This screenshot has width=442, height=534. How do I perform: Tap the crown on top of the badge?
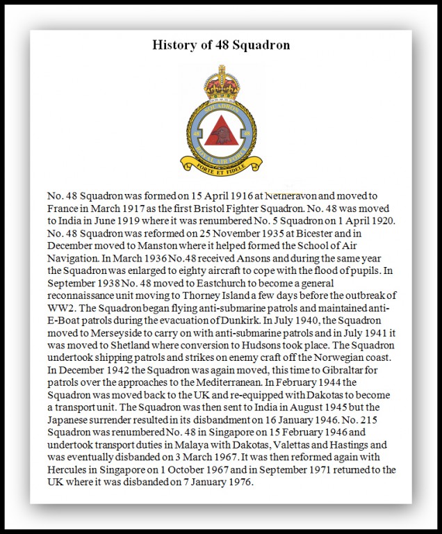tap(222, 82)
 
